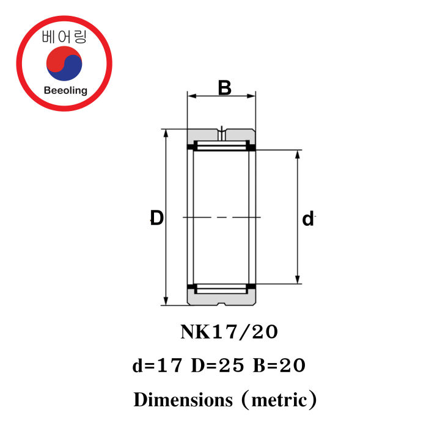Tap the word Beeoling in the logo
pyautogui.click(x=65, y=91)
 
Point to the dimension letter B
pyautogui.click(x=224, y=88)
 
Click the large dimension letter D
pyautogui.click(x=157, y=218)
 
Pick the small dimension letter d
pyautogui.click(x=308, y=219)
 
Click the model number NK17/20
pyautogui.click(x=229, y=332)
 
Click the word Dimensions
pyautogui.click(x=183, y=400)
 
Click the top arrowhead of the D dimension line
pyautogui.click(x=166, y=134)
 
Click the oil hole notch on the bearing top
pyautogui.click(x=221, y=131)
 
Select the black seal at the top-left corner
pyautogui.click(x=191, y=147)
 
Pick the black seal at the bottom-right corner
pyautogui.click(x=251, y=288)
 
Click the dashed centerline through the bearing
pyautogui.click(x=221, y=217)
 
